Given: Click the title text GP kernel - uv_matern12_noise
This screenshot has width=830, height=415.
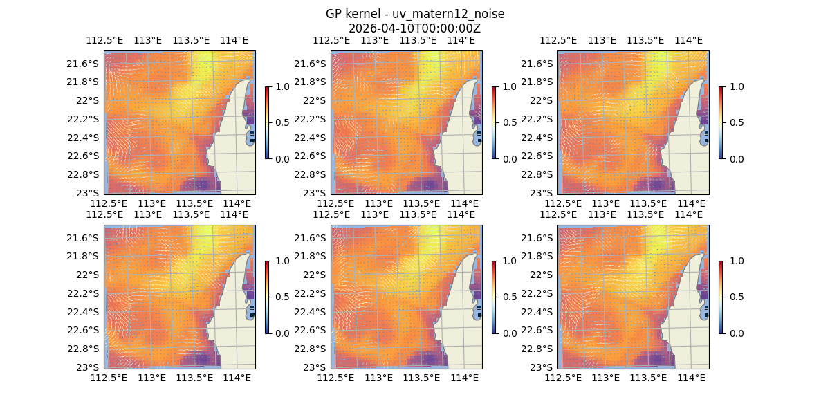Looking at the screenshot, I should click(x=414, y=14).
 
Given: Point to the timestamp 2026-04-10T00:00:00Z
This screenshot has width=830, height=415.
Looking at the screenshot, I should click(x=414, y=28).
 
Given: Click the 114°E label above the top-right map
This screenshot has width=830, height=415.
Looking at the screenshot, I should click(x=688, y=40).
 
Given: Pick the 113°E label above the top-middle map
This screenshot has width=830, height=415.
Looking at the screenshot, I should click(x=375, y=40).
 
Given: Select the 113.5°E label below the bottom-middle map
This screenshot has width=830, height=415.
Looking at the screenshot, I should click(x=421, y=378).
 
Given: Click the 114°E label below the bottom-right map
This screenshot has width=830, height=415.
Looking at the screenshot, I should click(x=691, y=378).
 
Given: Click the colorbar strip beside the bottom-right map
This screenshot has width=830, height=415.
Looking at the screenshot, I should click(x=721, y=297).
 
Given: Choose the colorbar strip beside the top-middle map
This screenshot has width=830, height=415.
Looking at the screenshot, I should click(x=494, y=122).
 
